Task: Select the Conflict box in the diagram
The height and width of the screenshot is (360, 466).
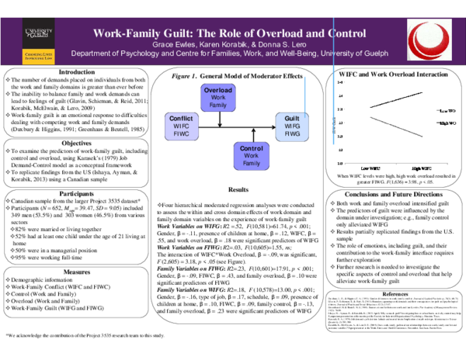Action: [x=180, y=123]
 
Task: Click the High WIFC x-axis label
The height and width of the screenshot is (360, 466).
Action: [x=421, y=168]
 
